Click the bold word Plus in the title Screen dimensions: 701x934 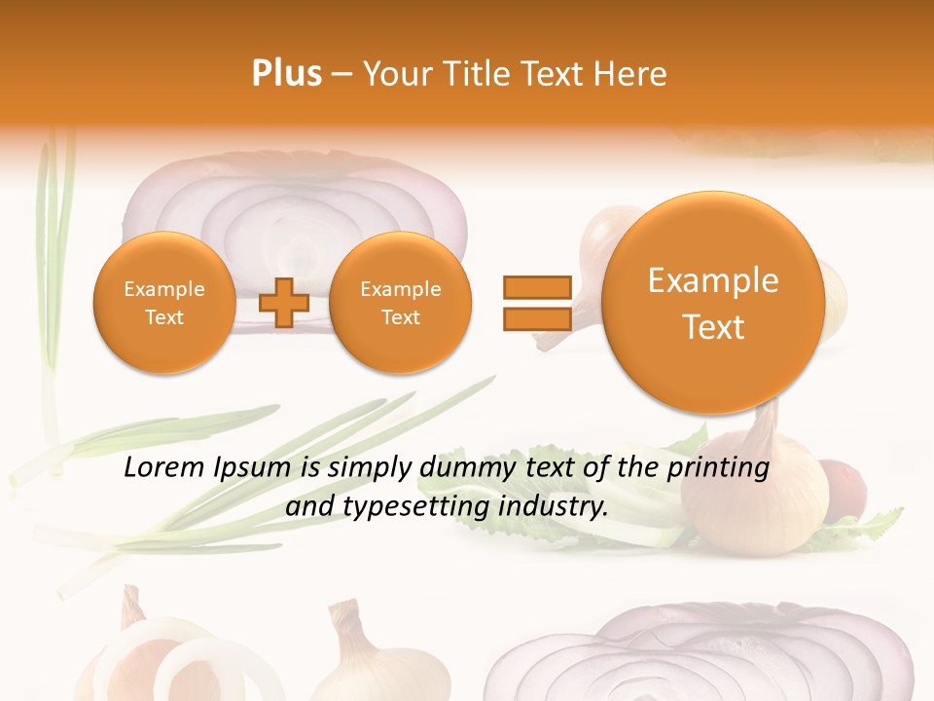[x=286, y=74]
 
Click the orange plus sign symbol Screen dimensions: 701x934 [x=284, y=302]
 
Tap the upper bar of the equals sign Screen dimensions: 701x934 [x=536, y=287]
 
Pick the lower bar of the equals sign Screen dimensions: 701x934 [x=536, y=317]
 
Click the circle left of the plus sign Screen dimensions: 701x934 [x=163, y=303]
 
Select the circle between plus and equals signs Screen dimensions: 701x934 [x=400, y=303]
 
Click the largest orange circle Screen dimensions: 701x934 [x=713, y=303]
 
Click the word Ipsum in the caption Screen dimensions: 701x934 [x=254, y=468]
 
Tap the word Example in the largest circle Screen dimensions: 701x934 [x=713, y=280]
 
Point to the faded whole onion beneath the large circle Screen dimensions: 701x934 [x=754, y=487]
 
